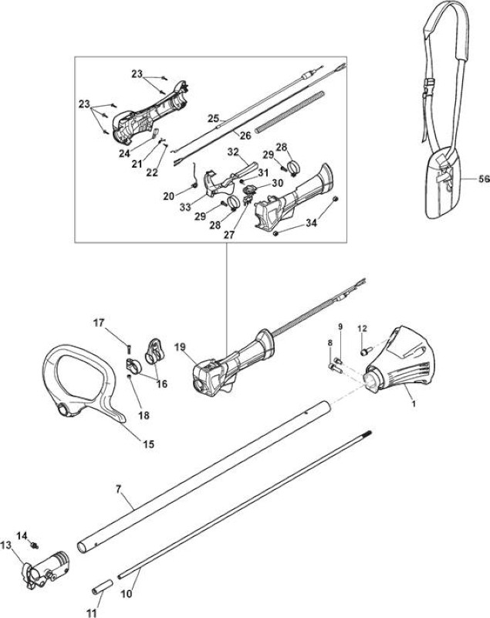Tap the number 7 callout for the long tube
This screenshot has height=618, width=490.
(119, 490)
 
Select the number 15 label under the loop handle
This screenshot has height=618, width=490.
(148, 444)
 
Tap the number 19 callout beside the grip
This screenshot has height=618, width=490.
(180, 347)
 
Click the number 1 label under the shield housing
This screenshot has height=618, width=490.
(414, 403)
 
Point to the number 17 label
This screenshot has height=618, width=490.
(99, 323)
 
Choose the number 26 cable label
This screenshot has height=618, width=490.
(245, 136)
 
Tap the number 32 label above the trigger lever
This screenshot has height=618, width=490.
(233, 151)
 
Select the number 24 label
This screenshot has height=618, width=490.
(124, 153)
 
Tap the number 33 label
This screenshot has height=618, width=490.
(185, 207)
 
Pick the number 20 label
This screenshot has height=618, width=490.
(169, 196)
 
